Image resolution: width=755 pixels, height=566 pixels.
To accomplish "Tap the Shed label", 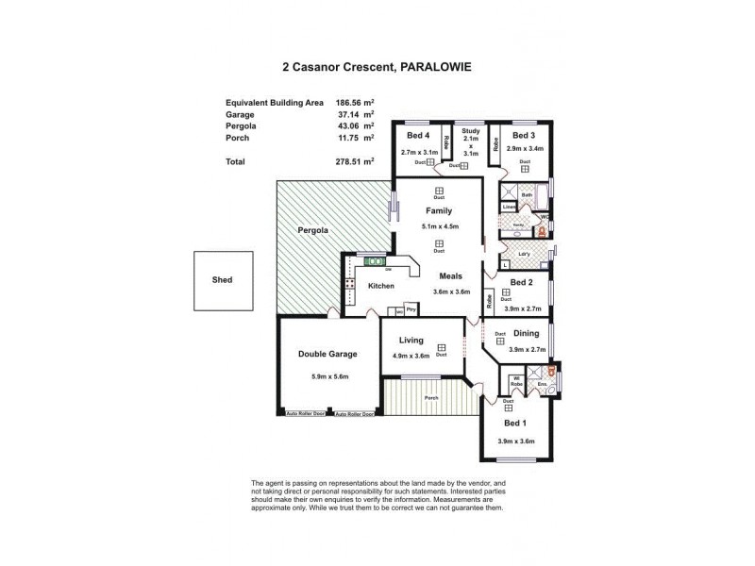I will click(222, 280).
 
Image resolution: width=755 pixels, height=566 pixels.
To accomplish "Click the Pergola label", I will click(311, 229).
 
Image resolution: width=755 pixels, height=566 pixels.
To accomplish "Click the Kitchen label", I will click(381, 285).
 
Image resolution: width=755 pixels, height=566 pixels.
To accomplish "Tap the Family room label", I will click(439, 211).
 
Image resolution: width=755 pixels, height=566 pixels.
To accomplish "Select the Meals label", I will click(451, 275).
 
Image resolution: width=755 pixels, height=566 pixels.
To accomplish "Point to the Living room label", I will click(411, 340).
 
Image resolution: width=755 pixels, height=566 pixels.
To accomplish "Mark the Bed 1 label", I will click(516, 423).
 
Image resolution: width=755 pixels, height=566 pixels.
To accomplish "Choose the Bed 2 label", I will click(523, 282).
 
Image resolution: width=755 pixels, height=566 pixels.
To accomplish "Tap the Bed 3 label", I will click(525, 135).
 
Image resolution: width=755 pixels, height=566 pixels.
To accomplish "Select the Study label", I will click(471, 131).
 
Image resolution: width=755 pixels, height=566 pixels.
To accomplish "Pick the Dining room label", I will click(527, 333).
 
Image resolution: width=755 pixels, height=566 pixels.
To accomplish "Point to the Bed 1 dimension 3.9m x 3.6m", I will click(516, 441).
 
